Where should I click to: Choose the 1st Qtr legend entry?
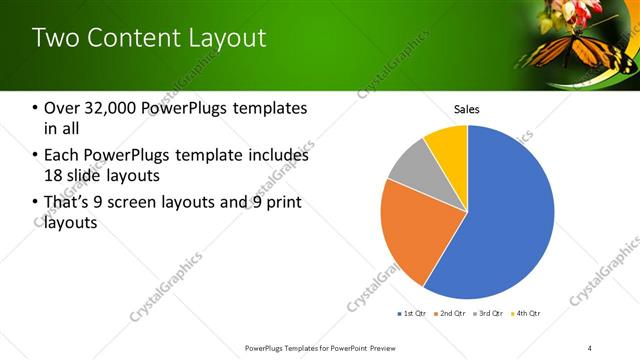coord(413,314)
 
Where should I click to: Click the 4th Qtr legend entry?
coord(528,314)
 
